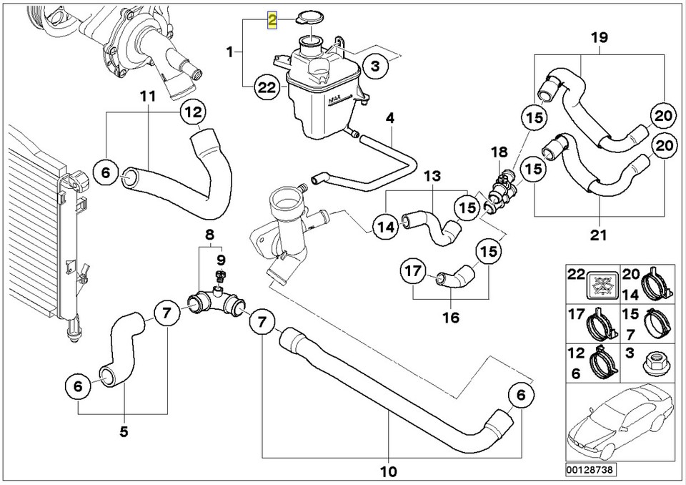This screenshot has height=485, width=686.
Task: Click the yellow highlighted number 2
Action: tap(272, 19)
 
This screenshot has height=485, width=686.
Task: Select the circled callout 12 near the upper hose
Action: tap(194, 112)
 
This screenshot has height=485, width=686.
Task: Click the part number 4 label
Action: tap(390, 117)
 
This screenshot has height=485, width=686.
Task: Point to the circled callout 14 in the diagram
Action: tap(387, 227)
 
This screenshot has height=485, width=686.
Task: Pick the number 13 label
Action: tap(433, 175)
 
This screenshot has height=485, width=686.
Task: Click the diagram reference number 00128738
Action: tap(590, 470)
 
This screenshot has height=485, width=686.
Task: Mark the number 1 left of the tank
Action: tap(230, 52)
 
